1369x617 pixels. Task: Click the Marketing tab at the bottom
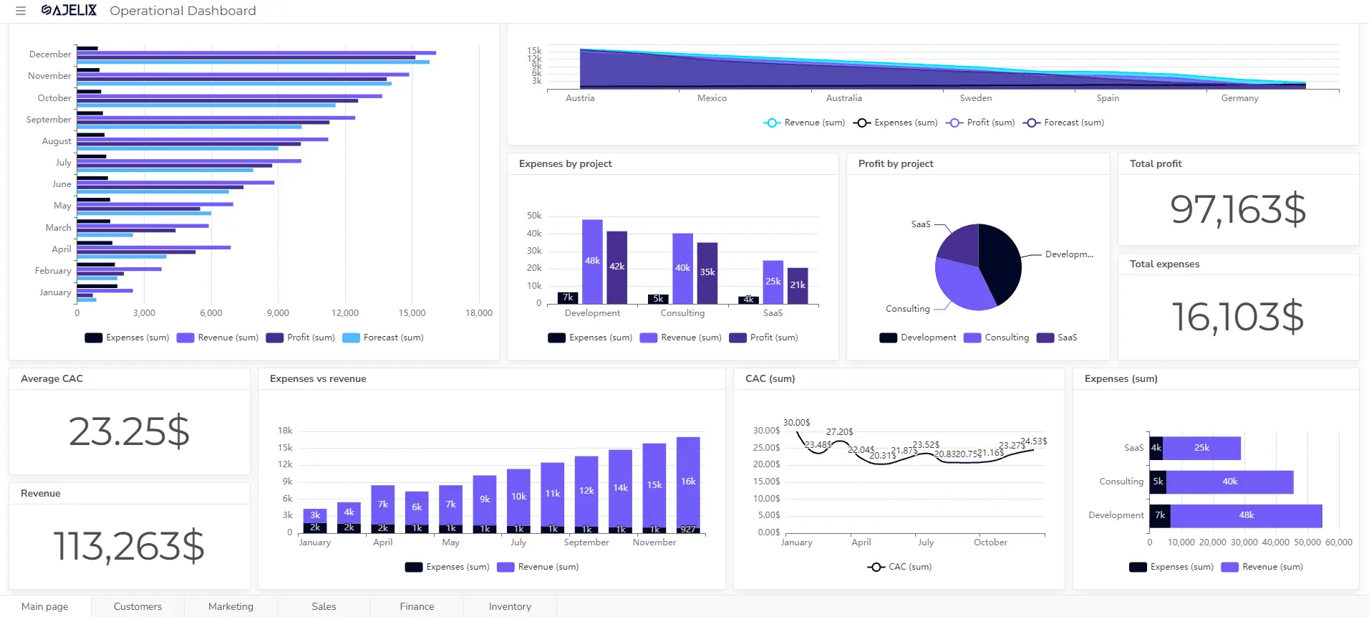tap(231, 606)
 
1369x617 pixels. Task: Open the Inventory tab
tap(510, 606)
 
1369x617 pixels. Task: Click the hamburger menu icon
tap(21, 11)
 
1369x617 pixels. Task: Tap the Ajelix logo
tap(69, 10)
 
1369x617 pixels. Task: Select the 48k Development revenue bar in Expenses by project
tap(592, 261)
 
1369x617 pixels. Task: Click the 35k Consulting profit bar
tap(707, 272)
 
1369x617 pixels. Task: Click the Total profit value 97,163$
tap(1238, 209)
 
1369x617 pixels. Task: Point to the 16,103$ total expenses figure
tap(1238, 317)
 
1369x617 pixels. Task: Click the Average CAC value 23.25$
tap(129, 431)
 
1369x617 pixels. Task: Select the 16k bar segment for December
tap(688, 481)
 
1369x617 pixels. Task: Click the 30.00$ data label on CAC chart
tap(796, 423)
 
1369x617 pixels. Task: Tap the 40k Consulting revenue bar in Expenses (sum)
tap(1229, 482)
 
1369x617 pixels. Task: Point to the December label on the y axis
tap(50, 54)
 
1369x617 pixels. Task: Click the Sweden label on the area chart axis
tap(975, 98)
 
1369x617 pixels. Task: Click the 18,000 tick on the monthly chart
tap(478, 313)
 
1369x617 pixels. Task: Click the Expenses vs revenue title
tap(318, 378)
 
